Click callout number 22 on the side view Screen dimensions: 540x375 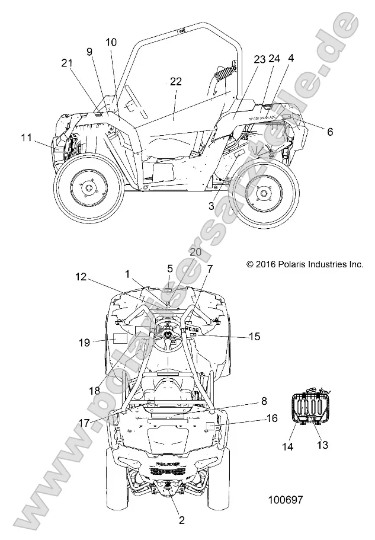click(175, 81)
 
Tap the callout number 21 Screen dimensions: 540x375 click(66, 63)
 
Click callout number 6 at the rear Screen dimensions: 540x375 click(329, 132)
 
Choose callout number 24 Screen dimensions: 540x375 click(274, 59)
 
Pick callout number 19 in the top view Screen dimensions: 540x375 click(84, 342)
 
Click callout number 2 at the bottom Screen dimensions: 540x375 click(182, 520)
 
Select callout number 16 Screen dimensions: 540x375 click(272, 418)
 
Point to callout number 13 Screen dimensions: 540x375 click(323, 443)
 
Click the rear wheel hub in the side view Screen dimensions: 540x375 click(264, 191)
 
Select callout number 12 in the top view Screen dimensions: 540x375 click(81, 276)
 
